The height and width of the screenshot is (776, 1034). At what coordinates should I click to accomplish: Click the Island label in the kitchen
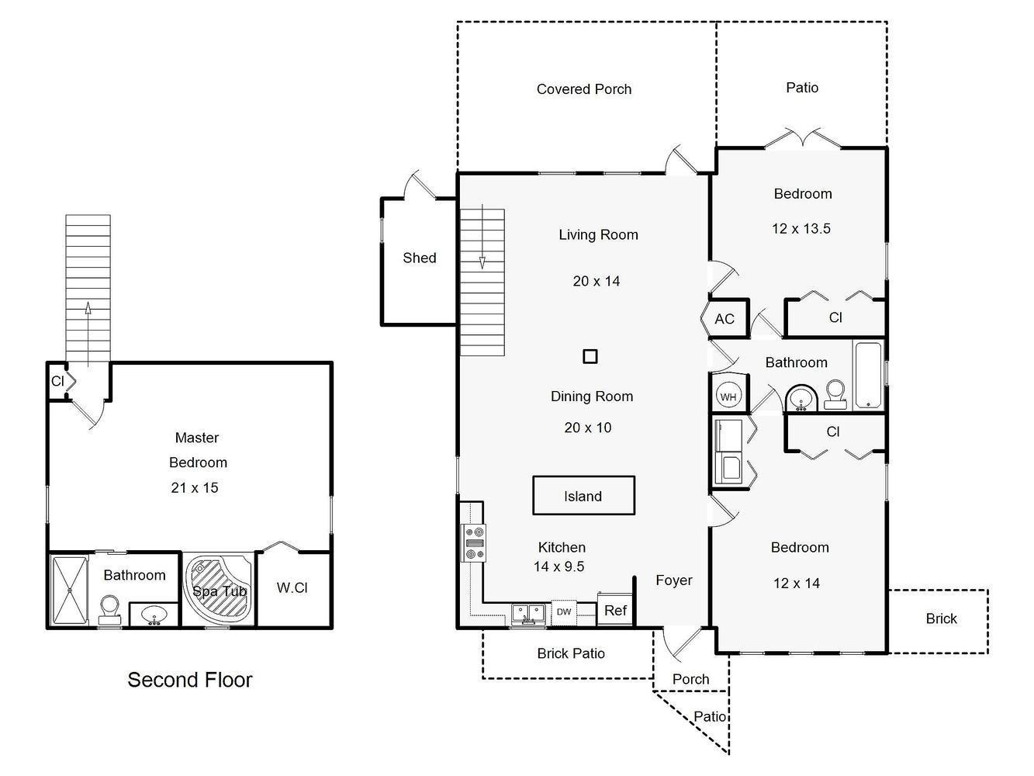click(583, 497)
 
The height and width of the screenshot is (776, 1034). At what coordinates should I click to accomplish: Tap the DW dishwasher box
click(564, 611)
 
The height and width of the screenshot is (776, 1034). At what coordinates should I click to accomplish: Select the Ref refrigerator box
click(615, 610)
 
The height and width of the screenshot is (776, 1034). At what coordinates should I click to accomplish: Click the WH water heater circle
click(728, 397)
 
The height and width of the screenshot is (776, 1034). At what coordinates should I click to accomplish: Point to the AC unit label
click(724, 319)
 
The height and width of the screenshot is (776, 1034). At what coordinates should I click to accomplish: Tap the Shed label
click(420, 258)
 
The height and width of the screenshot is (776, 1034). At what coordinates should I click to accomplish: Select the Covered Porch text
click(584, 89)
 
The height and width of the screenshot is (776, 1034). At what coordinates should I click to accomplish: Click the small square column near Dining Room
click(590, 356)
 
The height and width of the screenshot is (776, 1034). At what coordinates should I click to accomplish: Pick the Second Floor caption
click(190, 680)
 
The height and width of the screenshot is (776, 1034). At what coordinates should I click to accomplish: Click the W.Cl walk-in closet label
click(292, 587)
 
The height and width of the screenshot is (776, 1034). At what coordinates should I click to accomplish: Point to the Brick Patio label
click(571, 653)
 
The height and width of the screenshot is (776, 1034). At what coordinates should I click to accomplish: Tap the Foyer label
click(674, 580)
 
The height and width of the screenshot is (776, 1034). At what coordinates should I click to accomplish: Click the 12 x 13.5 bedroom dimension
click(801, 228)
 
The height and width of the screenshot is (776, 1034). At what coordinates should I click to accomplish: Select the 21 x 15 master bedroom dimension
click(195, 487)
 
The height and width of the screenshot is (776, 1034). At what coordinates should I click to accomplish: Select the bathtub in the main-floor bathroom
click(869, 376)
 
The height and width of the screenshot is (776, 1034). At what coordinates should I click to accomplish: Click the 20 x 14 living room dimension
click(597, 281)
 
